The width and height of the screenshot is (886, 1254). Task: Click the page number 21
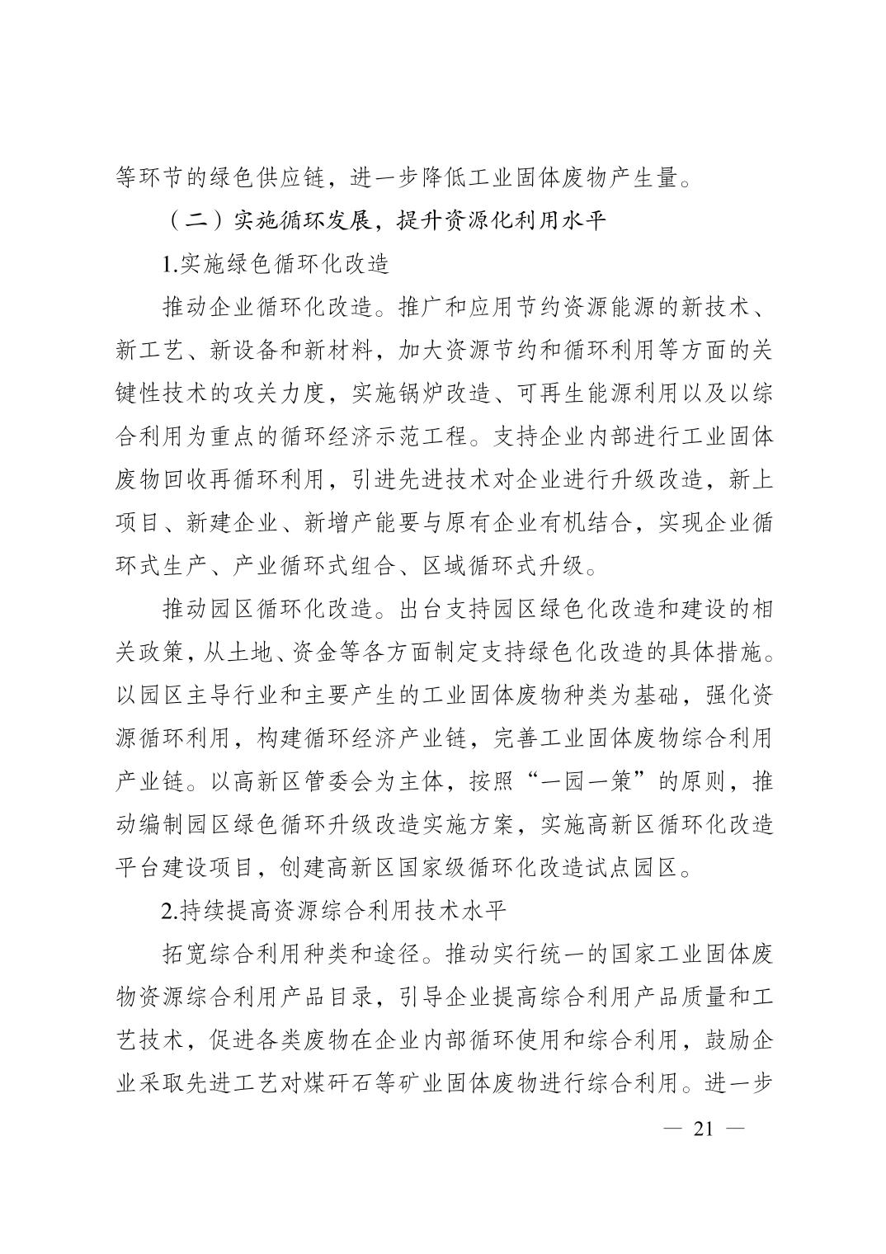pos(703,1129)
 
